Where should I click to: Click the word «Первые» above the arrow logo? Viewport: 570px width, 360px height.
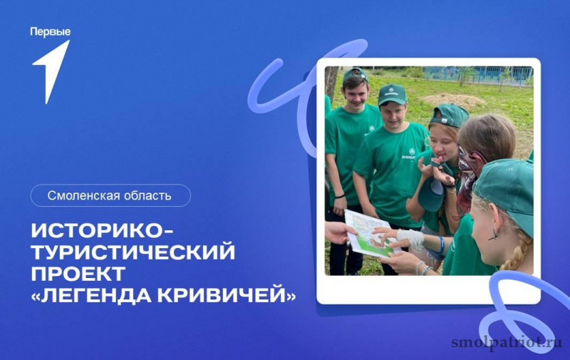point(50,32)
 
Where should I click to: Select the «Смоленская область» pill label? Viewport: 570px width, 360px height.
point(110,195)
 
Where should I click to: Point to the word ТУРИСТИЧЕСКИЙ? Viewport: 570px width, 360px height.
point(133,252)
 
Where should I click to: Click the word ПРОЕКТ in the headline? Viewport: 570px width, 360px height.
point(78,274)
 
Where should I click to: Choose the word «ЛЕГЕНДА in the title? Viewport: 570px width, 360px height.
point(92,295)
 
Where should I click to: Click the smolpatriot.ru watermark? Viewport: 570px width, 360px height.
point(507,342)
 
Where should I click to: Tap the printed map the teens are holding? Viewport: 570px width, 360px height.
point(369,233)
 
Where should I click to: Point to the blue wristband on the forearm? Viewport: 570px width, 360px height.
point(441,244)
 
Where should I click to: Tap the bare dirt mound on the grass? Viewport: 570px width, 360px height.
point(450,99)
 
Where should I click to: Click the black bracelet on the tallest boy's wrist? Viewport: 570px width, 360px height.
point(340,196)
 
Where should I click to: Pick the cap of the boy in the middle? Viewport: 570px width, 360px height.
point(391,94)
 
